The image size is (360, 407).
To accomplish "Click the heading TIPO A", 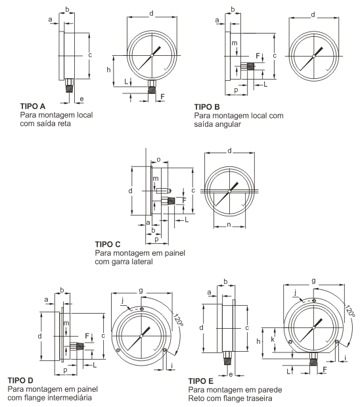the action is [x=33, y=106].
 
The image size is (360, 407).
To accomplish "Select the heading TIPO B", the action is [x=207, y=107].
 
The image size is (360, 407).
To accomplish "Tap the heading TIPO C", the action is [x=108, y=244].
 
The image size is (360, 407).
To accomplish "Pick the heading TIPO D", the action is [x=20, y=381].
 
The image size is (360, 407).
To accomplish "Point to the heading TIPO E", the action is [x=201, y=381].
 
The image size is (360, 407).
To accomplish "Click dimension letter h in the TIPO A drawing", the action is [x=108, y=70].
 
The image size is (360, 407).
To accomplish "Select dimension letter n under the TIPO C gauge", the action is [x=229, y=224].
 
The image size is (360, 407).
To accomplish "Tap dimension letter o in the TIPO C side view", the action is [x=159, y=160].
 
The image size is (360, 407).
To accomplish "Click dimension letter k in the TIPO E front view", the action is [x=273, y=339].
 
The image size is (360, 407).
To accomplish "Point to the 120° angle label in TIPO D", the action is [x=179, y=320].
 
